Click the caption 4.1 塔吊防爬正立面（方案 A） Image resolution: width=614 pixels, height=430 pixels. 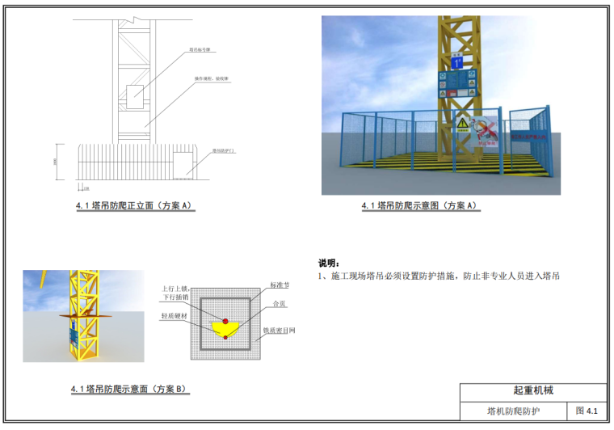(x=132, y=206)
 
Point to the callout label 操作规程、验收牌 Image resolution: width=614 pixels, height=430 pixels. (x=212, y=79)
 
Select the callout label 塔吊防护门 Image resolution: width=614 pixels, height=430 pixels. (x=224, y=150)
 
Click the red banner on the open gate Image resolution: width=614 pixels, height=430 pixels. (x=519, y=139)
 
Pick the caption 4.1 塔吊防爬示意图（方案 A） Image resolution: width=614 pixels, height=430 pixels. (x=419, y=206)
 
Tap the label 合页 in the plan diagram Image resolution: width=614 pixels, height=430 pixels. (x=280, y=304)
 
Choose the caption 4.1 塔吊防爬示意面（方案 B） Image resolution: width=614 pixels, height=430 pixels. (x=128, y=389)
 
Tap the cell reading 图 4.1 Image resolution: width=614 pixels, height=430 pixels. (x=586, y=411)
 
